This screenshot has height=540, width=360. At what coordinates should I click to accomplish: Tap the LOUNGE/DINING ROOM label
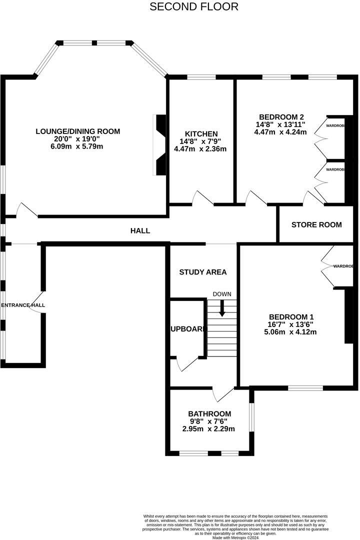(78, 131)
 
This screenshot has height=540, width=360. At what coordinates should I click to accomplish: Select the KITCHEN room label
(201, 134)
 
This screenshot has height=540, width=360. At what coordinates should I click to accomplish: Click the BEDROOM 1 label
(291, 317)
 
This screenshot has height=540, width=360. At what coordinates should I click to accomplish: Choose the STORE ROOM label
(316, 225)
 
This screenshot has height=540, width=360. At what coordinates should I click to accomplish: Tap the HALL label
(140, 231)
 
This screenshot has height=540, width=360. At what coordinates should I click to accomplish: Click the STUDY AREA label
(203, 272)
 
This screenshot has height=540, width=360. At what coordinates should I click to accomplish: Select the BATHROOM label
(209, 414)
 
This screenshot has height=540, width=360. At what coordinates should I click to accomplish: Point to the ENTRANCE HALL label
(23, 305)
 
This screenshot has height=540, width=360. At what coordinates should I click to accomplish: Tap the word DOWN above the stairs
(222, 294)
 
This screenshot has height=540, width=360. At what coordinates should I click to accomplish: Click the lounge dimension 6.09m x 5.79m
(78, 146)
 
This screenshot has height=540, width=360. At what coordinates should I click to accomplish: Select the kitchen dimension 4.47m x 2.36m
(200, 149)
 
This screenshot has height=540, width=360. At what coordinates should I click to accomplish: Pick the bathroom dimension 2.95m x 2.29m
(209, 429)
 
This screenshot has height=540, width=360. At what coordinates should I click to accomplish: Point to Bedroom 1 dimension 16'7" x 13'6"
(291, 324)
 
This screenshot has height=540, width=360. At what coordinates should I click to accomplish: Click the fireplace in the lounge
(160, 145)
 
